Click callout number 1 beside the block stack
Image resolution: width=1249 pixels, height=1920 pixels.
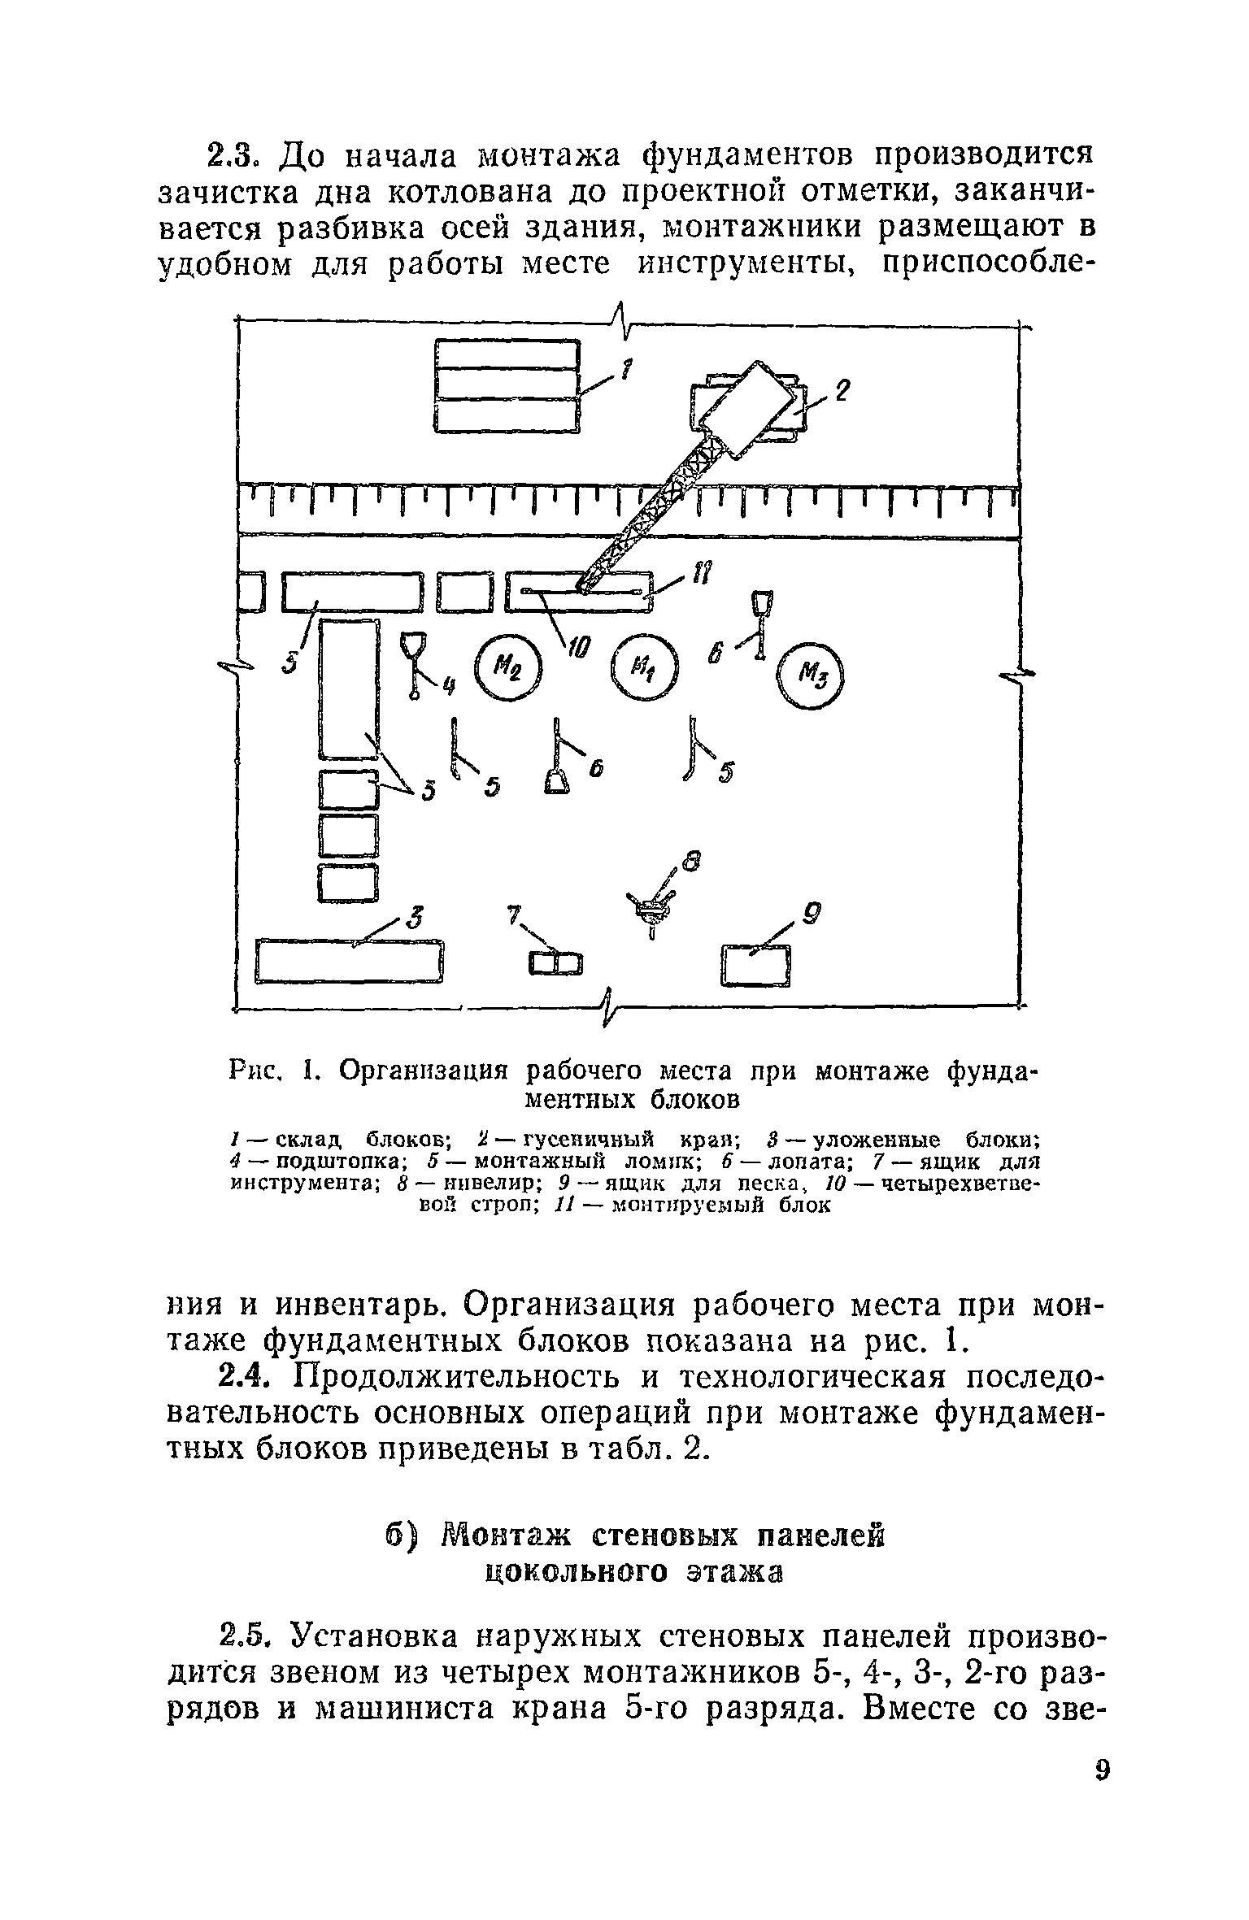click(x=626, y=371)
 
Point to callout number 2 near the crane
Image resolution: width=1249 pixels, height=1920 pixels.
click(x=843, y=391)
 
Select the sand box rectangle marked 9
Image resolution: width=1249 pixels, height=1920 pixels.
click(x=756, y=965)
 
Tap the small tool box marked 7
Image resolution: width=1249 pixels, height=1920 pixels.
click(x=556, y=964)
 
